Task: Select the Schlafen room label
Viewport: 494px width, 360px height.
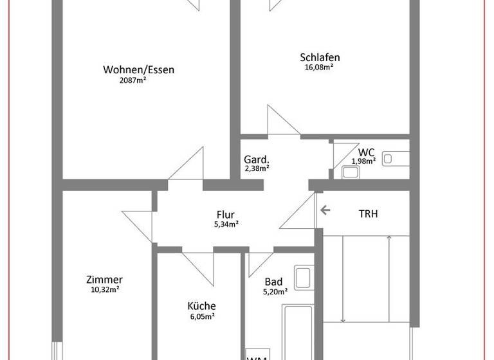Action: point(320,57)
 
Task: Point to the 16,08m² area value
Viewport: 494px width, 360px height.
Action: point(318,66)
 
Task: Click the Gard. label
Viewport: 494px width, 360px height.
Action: point(256,159)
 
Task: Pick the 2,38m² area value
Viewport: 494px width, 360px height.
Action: point(257,168)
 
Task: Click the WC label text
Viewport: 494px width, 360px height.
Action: point(367,152)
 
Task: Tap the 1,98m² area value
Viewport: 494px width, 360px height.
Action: point(363,161)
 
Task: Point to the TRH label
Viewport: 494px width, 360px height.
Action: point(367,213)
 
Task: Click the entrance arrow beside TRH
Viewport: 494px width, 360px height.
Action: point(325,210)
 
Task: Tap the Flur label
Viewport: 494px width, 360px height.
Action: point(225,215)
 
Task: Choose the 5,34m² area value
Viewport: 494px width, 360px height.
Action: point(226,225)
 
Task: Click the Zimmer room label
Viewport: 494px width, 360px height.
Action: point(104,280)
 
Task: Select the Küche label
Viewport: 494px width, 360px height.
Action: point(201,306)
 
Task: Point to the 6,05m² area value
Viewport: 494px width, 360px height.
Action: point(201,316)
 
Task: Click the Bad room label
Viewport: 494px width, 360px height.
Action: point(273,282)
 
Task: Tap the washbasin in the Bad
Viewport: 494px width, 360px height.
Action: point(303,278)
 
